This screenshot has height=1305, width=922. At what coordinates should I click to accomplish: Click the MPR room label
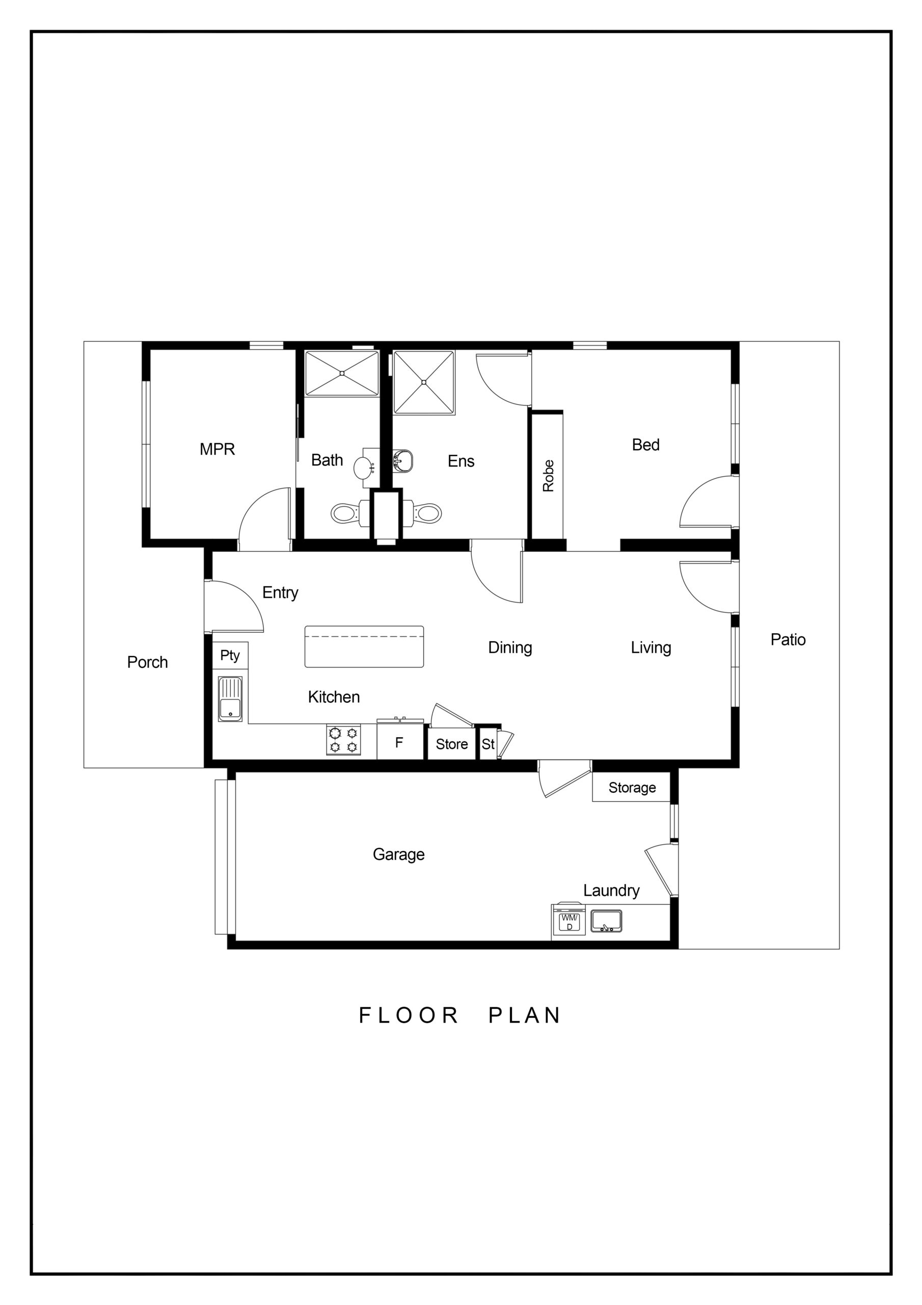(x=217, y=449)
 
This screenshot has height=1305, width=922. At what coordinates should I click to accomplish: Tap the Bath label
(x=327, y=460)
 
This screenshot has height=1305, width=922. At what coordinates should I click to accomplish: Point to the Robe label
(x=548, y=476)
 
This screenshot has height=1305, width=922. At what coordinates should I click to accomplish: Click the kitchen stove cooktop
(x=344, y=740)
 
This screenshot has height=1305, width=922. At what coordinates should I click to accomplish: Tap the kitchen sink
(x=230, y=699)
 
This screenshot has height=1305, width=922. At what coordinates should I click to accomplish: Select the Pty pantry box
(x=230, y=656)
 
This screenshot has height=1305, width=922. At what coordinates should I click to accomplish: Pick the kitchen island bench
(x=364, y=646)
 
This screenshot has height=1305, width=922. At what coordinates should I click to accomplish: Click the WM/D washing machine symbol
(x=569, y=921)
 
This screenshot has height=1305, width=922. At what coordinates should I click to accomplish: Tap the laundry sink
(x=606, y=921)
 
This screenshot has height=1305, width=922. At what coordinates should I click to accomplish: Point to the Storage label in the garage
(x=632, y=787)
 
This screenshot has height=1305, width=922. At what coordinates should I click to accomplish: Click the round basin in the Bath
(x=364, y=468)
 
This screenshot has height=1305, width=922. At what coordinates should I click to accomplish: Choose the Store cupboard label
(x=452, y=744)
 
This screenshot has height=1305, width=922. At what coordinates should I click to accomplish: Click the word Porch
(x=147, y=662)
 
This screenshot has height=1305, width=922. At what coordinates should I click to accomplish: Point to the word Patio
(x=788, y=639)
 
